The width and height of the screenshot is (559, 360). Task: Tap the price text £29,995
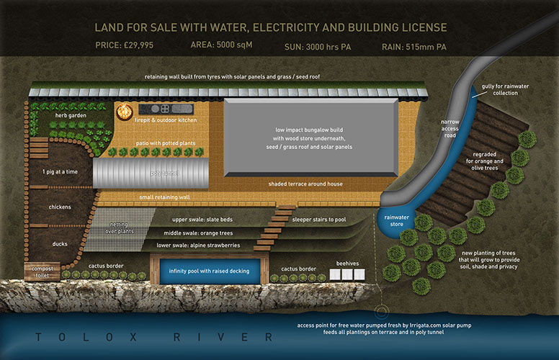tap(124, 46)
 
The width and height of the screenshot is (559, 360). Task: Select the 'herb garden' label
tap(72, 115)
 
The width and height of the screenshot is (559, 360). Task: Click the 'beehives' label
tap(349, 264)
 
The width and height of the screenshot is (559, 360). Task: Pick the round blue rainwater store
tap(394, 222)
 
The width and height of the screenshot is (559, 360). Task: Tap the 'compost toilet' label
tap(40, 272)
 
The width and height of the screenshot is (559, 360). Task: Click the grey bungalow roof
tap(309, 137)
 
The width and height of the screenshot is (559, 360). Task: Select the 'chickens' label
tap(60, 207)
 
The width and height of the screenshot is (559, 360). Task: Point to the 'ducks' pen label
tap(60, 243)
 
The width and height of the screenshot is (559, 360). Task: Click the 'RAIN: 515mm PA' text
tap(414, 46)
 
